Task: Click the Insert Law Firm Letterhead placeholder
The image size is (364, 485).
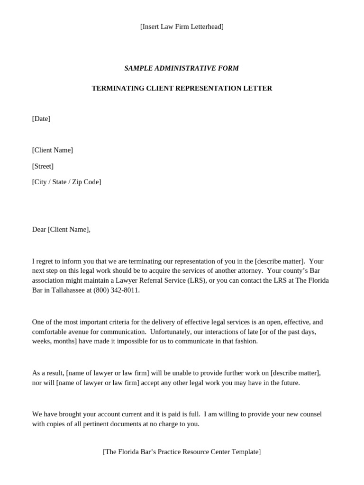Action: tap(182, 27)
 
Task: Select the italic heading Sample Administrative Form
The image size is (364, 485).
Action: tap(182, 68)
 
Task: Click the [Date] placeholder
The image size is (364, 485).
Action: tap(41, 119)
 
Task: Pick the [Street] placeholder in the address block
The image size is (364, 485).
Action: tap(43, 166)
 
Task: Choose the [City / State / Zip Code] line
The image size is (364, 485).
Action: tap(66, 182)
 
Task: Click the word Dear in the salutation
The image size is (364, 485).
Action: tap(39, 230)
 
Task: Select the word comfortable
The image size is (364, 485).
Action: tap(50, 332)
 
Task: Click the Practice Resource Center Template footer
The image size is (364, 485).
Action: tap(182, 452)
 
